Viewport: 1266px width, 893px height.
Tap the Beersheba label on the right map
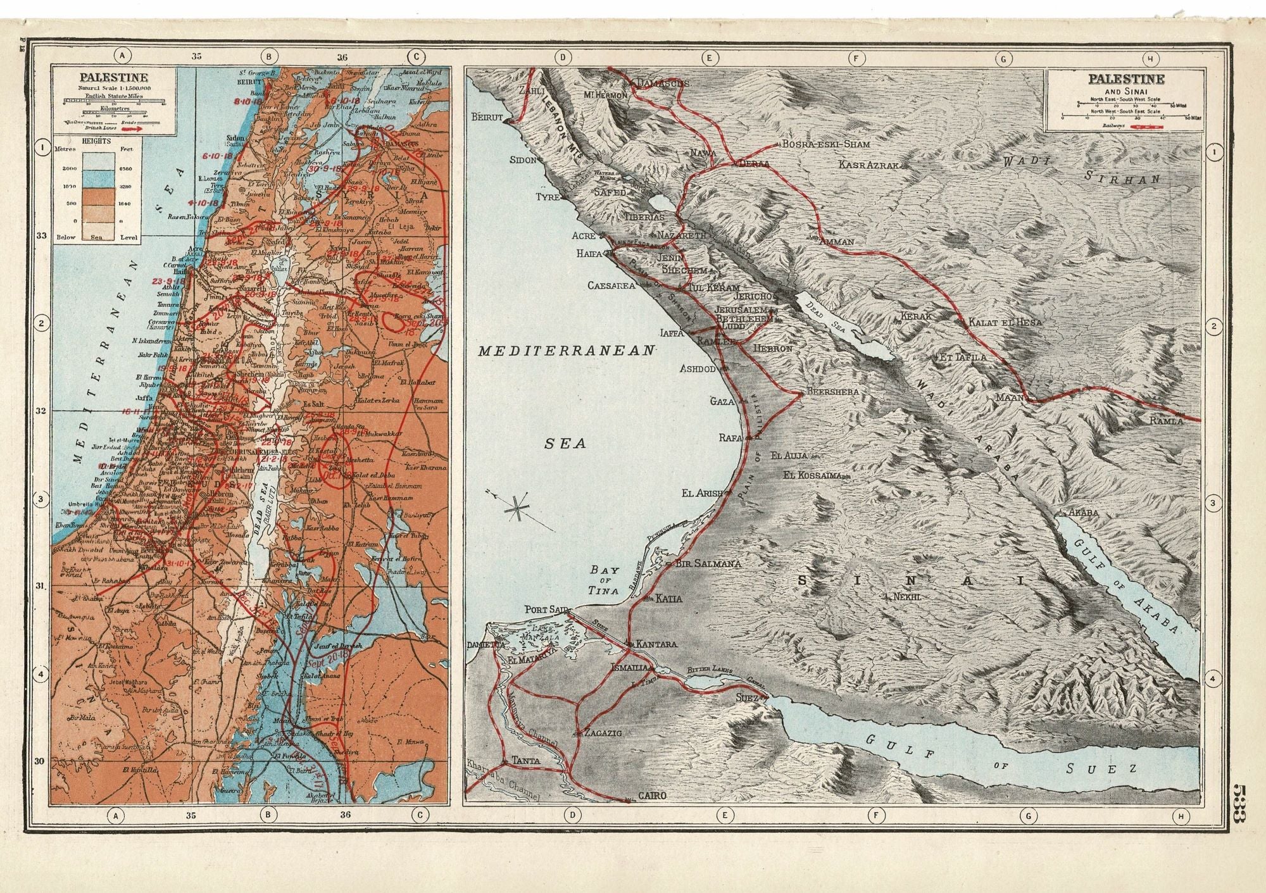[832, 392]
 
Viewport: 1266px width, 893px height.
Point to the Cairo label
[651, 796]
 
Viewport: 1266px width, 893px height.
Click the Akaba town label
[1083, 513]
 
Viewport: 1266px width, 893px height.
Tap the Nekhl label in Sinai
[906, 596]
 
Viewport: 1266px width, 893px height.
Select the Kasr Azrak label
[869, 165]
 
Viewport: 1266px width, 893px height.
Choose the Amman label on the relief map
[836, 242]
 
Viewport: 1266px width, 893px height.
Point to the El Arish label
[701, 493]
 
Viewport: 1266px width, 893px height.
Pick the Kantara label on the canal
[656, 644]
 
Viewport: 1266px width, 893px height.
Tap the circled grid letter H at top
[1150, 58]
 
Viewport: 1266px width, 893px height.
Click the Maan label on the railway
[1007, 398]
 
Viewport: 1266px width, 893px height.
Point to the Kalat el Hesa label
[1005, 322]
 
